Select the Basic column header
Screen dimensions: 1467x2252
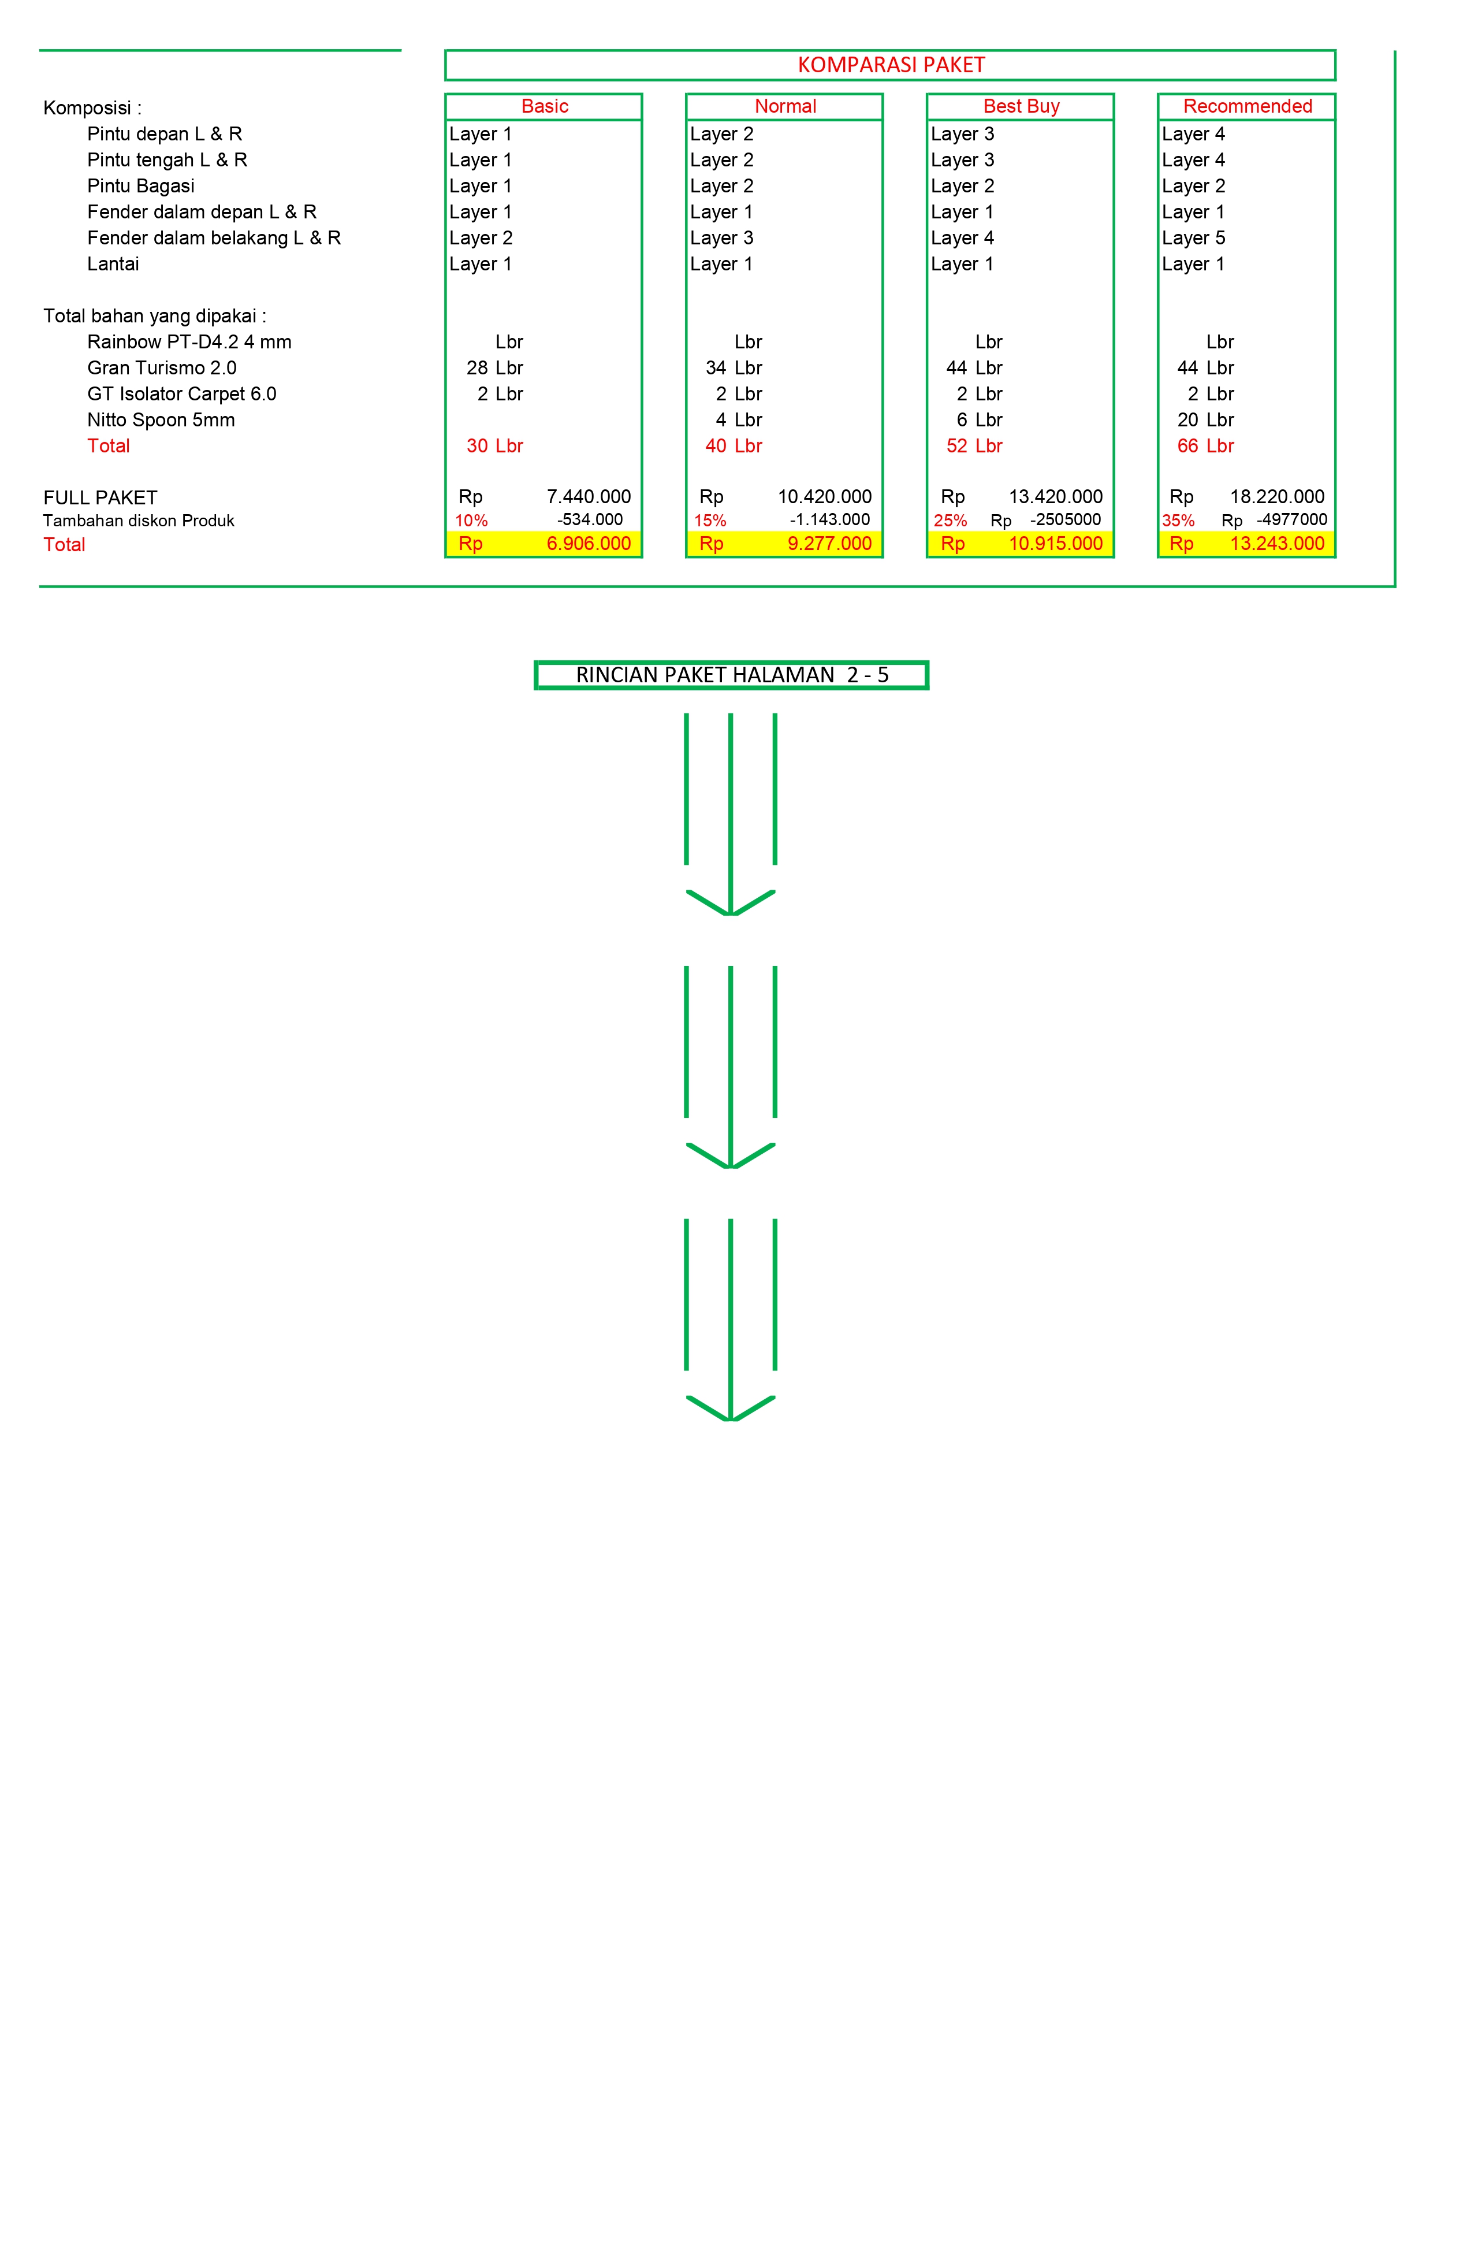(x=545, y=106)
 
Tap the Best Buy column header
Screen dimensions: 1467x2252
(x=1022, y=106)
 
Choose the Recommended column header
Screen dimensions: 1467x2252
(x=1248, y=106)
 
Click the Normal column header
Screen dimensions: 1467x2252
(x=785, y=106)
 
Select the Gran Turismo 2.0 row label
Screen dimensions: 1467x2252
(x=162, y=368)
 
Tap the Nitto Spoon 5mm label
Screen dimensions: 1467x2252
(x=161, y=420)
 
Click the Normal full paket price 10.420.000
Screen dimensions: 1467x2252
(x=825, y=497)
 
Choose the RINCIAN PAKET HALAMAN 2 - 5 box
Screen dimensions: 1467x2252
(x=731, y=675)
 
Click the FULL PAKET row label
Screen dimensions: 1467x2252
(x=100, y=497)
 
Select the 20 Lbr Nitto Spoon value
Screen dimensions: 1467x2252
(x=1205, y=420)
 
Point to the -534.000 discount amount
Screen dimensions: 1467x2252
(x=590, y=519)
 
